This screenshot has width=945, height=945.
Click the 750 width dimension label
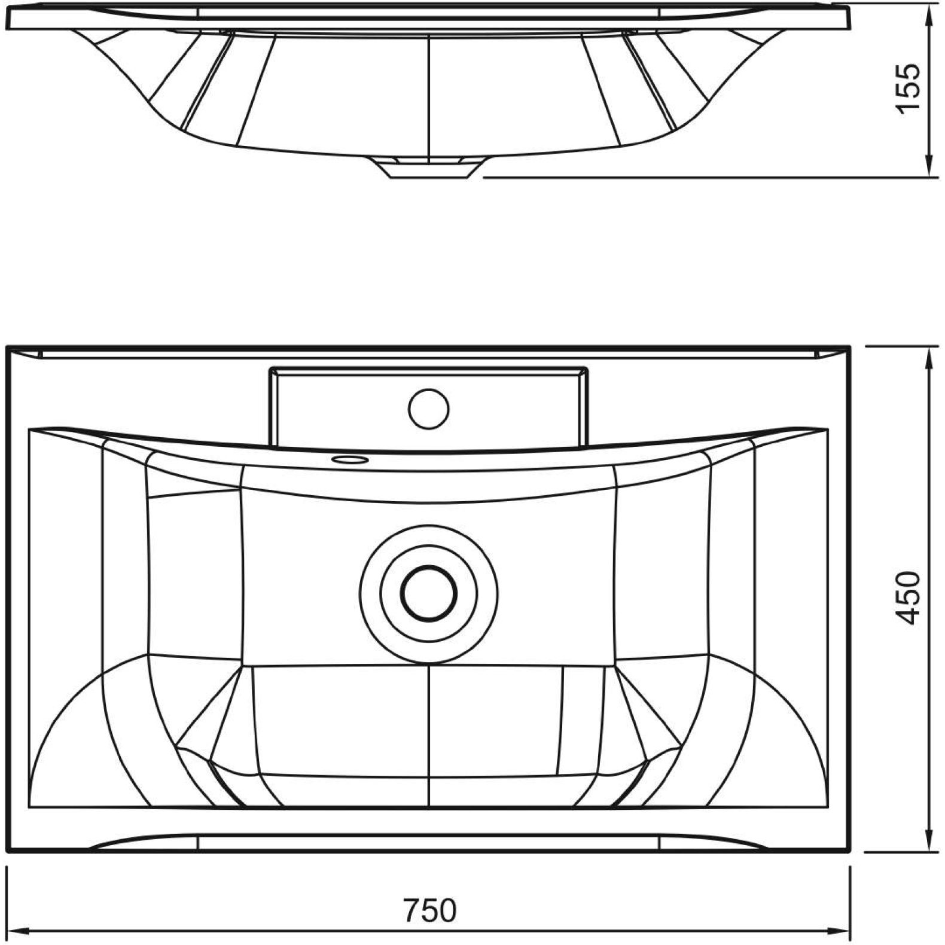tap(429, 912)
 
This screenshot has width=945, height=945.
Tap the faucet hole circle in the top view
tap(428, 408)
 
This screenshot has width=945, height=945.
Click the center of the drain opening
tap(429, 592)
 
